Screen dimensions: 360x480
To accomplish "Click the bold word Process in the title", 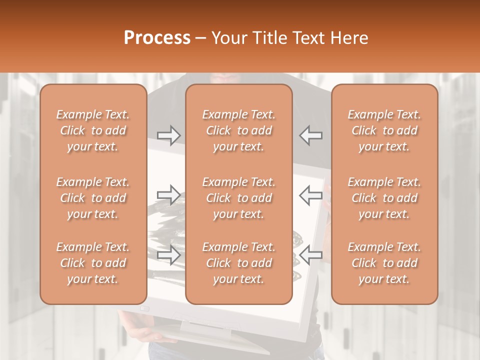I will point(157,37).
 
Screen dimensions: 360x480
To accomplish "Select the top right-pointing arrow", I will point(169,135).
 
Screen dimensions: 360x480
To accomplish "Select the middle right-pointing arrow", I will point(169,195).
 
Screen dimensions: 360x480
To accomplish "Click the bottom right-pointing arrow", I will point(169,255).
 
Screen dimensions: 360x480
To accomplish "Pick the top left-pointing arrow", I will point(311,135).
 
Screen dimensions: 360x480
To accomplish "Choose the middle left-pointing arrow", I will point(311,195).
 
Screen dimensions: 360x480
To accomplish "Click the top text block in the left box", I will point(93,130).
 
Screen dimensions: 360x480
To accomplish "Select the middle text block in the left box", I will point(93,198).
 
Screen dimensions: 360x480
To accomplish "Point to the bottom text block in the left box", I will point(93,263).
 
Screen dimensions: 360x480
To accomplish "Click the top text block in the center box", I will point(238,130).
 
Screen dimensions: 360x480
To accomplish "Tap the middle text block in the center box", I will point(238,198).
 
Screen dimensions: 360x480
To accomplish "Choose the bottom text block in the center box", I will point(238,263).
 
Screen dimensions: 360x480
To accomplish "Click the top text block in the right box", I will point(384,130).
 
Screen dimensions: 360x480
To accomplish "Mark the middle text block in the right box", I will point(384,198).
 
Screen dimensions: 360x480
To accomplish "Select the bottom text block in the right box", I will point(384,263).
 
